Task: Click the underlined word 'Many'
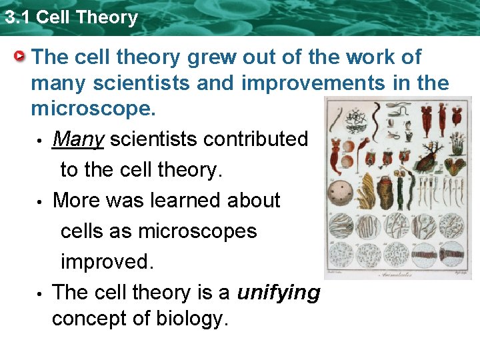click(78, 139)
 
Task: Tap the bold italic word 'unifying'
click(279, 293)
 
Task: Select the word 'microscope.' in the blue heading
click(93, 109)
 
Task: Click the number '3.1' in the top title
click(18, 17)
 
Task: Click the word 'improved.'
click(107, 262)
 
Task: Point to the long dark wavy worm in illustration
click(378, 117)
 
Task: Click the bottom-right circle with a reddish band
click(451, 254)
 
